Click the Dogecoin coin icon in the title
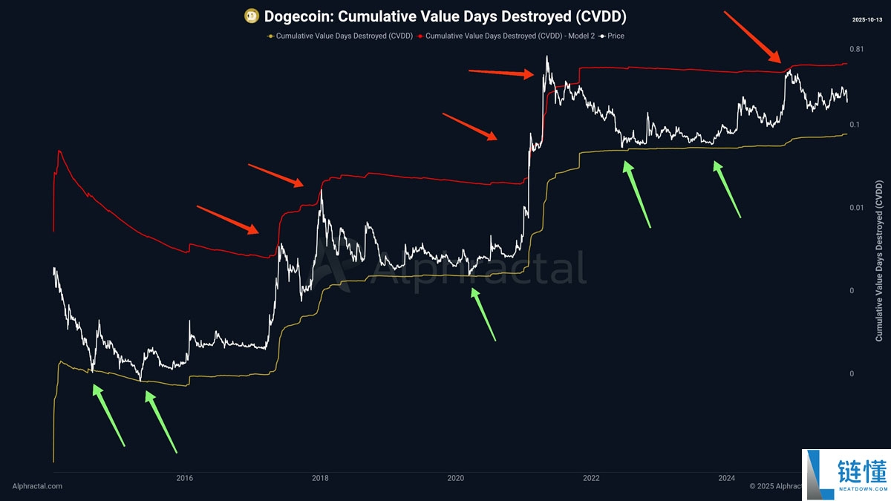coord(252,16)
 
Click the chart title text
coord(445,16)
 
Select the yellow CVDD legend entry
coord(340,36)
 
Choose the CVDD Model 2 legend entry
coord(506,36)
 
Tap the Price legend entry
coord(612,36)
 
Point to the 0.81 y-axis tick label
coord(856,49)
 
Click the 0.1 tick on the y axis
coord(855,125)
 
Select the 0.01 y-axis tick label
coord(856,208)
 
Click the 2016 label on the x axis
coord(185,478)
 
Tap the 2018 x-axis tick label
coord(320,478)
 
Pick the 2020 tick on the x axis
coord(455,478)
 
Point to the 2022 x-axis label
coord(591,478)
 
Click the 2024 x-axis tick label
coord(727,478)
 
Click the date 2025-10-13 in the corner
coord(867,19)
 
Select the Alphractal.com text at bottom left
coord(37,486)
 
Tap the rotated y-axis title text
coord(879,261)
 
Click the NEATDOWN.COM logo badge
coord(846,475)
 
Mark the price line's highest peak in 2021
coord(547,56)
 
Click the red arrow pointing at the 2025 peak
coord(753,37)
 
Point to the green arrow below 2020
coord(483,315)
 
